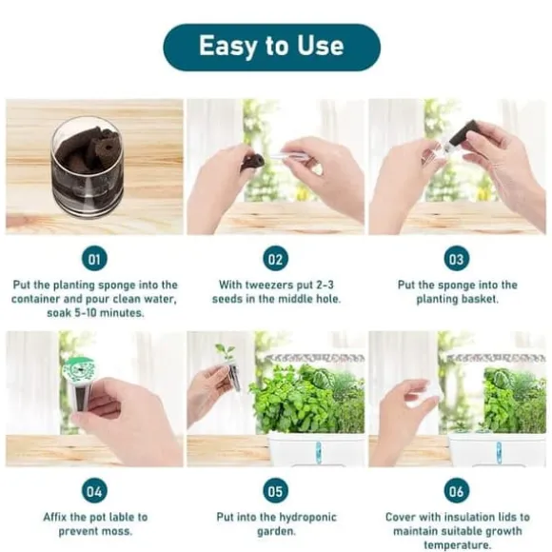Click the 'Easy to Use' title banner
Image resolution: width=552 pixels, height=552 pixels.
click(271, 48)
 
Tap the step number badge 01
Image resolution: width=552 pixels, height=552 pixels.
click(94, 259)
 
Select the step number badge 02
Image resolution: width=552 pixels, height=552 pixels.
click(276, 259)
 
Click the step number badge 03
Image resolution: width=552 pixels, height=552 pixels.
click(457, 259)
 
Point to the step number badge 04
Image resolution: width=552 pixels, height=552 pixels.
click(94, 491)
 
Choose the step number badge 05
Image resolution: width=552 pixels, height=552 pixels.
click(276, 491)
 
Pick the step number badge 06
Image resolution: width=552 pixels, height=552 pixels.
click(457, 491)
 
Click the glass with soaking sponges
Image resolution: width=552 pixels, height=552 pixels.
click(87, 168)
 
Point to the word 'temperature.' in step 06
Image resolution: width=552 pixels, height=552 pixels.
click(457, 545)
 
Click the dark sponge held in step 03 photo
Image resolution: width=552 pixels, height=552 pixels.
click(464, 134)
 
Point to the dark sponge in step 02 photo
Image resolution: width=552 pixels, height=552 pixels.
click(253, 160)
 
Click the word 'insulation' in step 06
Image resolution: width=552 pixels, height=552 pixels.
click(469, 517)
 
